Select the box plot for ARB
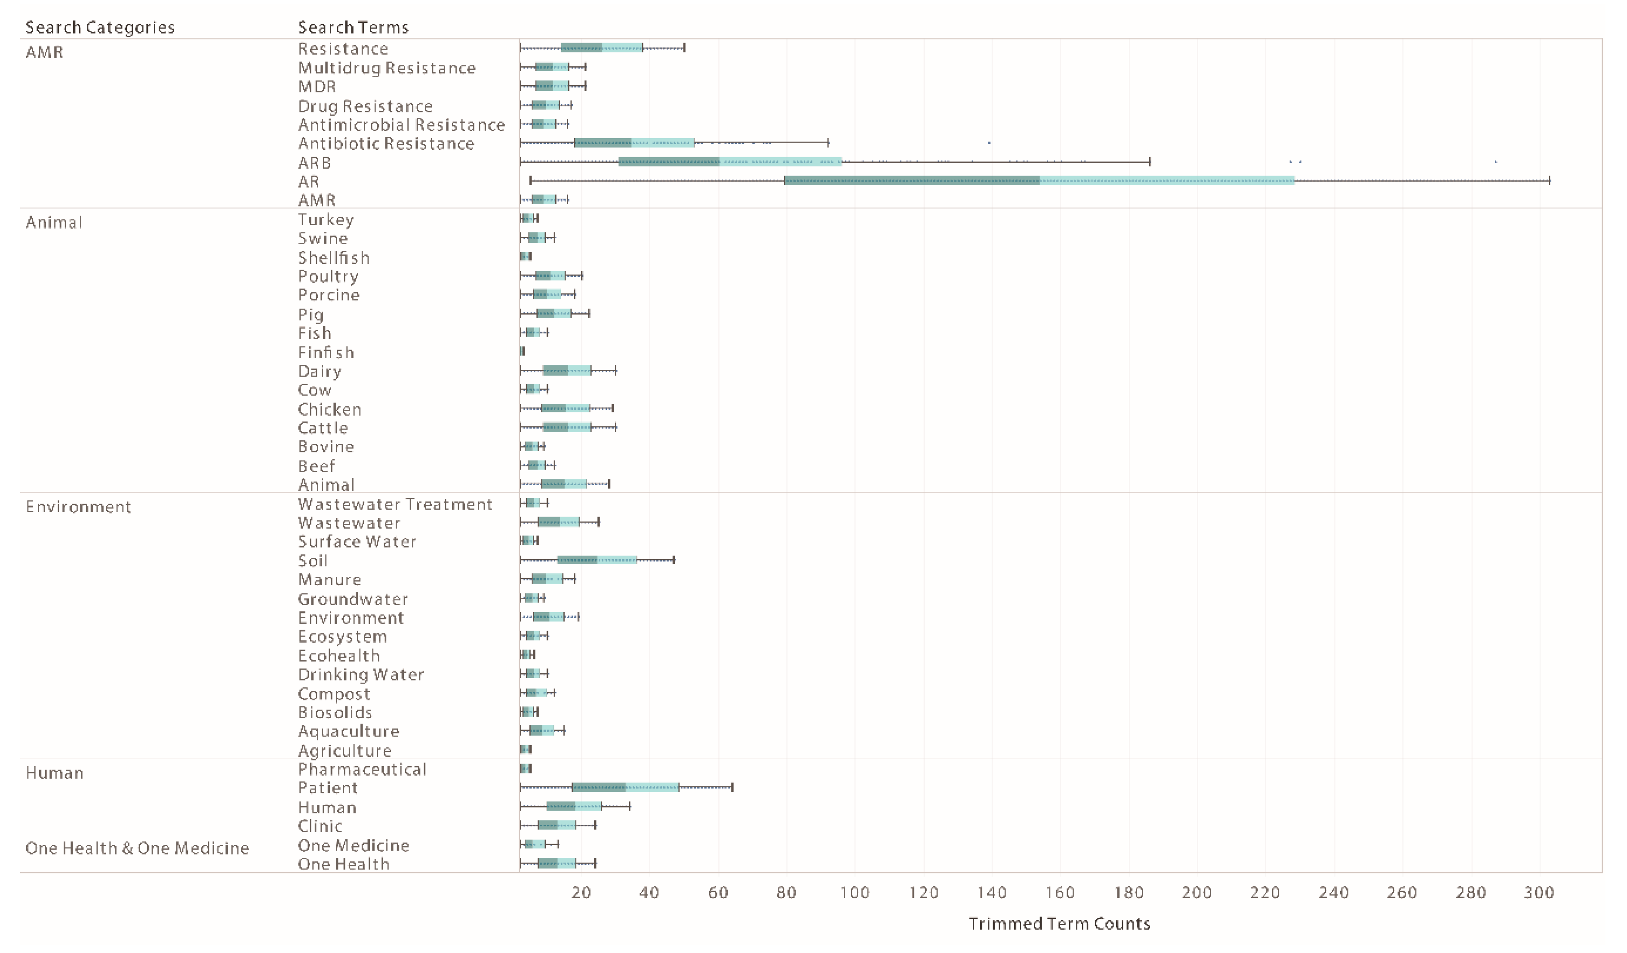(x=729, y=161)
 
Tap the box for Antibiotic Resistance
(x=634, y=143)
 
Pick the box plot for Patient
(x=624, y=787)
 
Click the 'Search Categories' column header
(x=100, y=27)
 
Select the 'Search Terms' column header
(x=353, y=27)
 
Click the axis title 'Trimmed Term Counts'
(x=1059, y=923)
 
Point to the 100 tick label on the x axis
(x=854, y=892)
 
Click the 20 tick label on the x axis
(x=581, y=892)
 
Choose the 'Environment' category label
(x=78, y=507)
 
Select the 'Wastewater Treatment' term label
(x=394, y=504)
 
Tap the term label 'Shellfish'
(x=333, y=258)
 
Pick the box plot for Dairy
(x=567, y=370)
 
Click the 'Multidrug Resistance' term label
(x=386, y=68)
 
